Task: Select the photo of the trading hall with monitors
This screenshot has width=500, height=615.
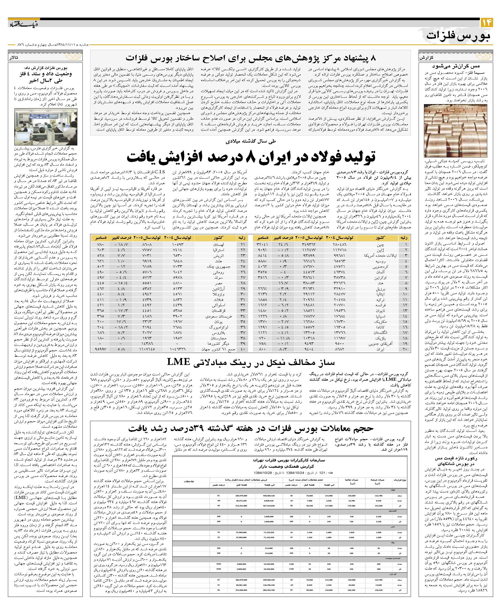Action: coord(45,127)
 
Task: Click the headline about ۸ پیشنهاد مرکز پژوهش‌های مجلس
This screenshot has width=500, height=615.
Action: coord(251,58)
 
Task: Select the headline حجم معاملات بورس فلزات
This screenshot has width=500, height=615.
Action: coord(251,428)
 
